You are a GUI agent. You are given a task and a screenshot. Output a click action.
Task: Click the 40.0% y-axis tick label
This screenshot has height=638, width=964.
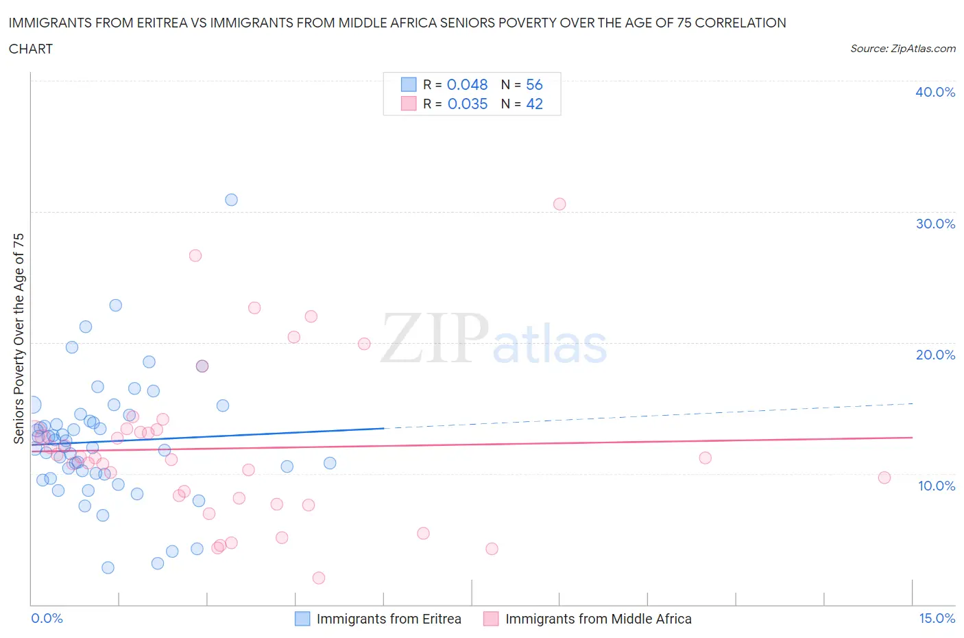click(935, 92)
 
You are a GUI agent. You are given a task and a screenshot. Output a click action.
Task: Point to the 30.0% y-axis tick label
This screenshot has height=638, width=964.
click(935, 224)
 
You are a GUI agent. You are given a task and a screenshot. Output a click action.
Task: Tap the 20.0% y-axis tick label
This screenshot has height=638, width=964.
click(935, 355)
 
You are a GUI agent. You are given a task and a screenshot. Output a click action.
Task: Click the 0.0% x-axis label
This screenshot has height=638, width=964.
click(47, 618)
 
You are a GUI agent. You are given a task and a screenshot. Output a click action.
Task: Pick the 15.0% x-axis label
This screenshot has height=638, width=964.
click(937, 618)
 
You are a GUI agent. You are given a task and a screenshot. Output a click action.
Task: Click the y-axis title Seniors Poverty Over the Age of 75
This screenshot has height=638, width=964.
click(19, 338)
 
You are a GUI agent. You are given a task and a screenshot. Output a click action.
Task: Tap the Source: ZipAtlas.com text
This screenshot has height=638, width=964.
click(902, 49)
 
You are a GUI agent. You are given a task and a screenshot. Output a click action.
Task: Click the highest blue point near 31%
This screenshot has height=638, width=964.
click(231, 200)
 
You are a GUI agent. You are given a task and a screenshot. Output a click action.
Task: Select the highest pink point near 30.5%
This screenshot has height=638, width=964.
click(559, 204)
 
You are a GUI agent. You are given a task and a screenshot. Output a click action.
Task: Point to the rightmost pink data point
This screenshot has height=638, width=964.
click(884, 477)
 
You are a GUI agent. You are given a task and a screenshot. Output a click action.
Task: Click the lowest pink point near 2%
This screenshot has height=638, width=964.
click(318, 578)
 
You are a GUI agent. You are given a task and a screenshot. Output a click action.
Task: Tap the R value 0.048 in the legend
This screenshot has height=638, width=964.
click(467, 84)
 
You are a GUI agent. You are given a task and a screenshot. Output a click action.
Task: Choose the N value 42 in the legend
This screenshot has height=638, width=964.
click(534, 104)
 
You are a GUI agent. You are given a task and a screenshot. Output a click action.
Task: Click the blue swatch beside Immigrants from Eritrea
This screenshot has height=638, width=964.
click(302, 619)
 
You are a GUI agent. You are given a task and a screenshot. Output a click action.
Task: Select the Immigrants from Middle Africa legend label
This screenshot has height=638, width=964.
click(598, 619)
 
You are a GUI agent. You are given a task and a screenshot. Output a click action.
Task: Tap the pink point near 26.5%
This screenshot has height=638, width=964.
click(195, 255)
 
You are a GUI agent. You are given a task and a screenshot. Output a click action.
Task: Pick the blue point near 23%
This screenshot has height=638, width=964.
click(116, 305)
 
